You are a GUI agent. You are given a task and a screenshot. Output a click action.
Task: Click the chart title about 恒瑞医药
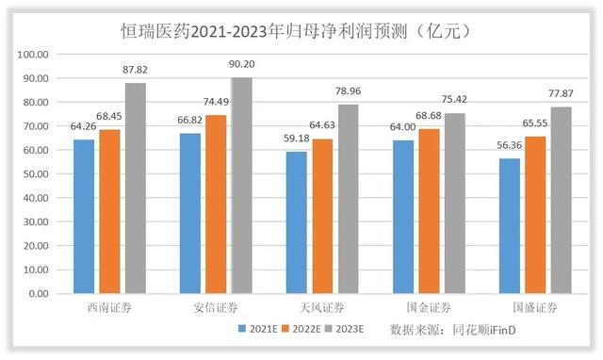[301, 30]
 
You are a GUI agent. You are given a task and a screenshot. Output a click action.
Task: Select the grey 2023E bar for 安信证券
[242, 186]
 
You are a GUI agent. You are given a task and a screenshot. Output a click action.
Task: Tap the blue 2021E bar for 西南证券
[84, 216]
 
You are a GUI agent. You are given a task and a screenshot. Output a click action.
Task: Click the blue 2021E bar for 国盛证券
[509, 226]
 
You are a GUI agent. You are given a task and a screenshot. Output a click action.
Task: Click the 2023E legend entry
[350, 331]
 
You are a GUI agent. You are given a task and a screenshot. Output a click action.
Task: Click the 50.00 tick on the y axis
[35, 173]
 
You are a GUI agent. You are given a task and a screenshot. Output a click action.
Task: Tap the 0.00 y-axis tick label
[38, 293]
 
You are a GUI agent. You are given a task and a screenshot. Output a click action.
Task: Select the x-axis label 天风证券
[322, 308]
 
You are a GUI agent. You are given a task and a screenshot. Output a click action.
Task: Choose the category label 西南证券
[110, 308]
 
